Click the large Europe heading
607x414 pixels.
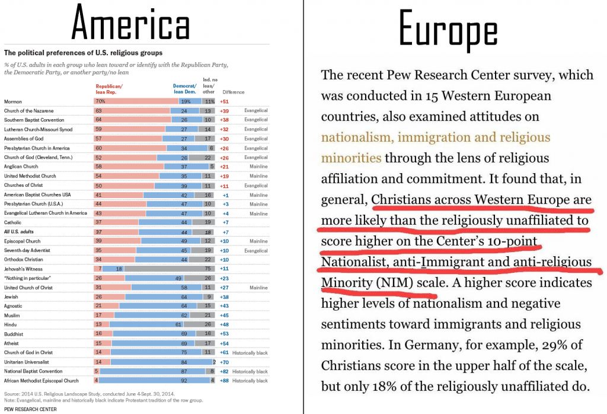pos(448,30)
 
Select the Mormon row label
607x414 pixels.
pos(12,101)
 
